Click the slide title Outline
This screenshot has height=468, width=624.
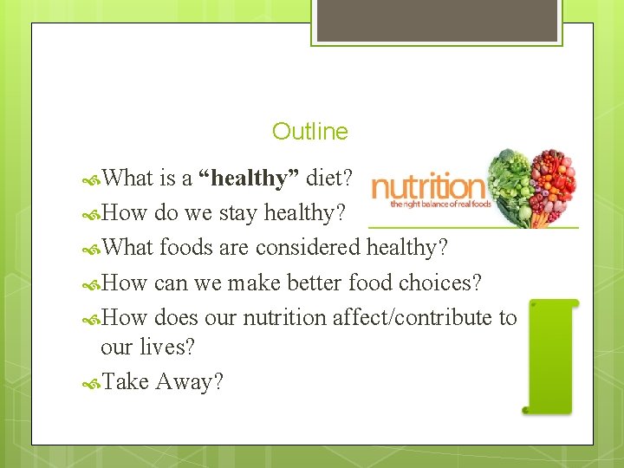coord(309,132)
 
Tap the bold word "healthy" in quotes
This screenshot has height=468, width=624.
coord(250,179)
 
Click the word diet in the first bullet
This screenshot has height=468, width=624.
coord(329,179)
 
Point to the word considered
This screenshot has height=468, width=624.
coord(308,248)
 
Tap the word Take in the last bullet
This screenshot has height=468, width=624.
coord(126,381)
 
